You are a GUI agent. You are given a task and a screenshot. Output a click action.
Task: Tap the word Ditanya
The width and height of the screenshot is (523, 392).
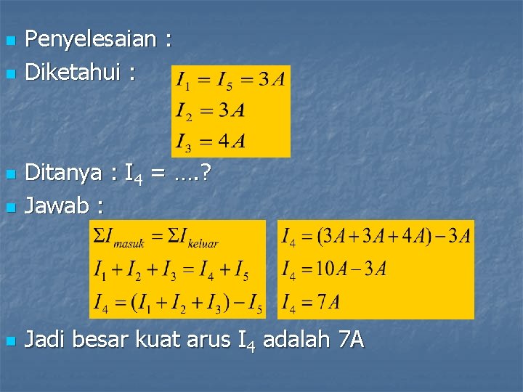pyautogui.click(x=63, y=173)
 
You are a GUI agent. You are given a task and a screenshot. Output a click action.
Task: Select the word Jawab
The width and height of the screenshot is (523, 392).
pyautogui.click(x=57, y=205)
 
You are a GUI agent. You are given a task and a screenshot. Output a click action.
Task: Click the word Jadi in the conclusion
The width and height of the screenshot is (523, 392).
pyautogui.click(x=45, y=339)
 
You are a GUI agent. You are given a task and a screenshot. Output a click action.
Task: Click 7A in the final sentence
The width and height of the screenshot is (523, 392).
pyautogui.click(x=352, y=339)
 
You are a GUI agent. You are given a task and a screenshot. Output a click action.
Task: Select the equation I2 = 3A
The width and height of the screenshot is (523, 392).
pyautogui.click(x=210, y=110)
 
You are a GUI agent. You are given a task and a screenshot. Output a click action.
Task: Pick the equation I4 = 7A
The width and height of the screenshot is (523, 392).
pyautogui.click(x=312, y=301)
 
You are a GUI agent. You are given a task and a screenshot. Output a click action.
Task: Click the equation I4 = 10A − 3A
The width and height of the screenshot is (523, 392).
pyautogui.click(x=334, y=269)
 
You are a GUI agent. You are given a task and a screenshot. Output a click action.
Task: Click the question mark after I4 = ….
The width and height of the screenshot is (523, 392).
pyautogui.click(x=206, y=173)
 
